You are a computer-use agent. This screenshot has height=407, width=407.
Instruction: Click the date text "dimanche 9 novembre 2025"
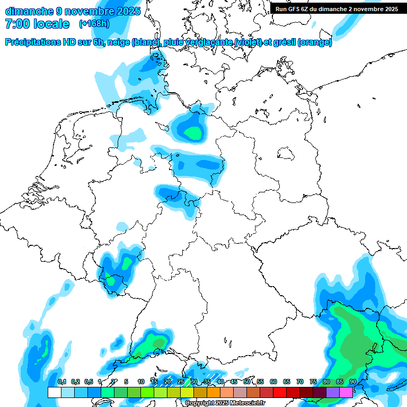(73, 11)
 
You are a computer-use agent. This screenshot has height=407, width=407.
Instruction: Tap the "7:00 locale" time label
(37, 24)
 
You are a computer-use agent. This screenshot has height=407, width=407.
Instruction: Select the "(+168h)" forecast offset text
(94, 24)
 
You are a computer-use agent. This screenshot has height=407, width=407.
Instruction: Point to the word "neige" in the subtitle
(118, 42)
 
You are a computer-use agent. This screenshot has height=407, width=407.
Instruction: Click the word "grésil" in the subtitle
(281, 42)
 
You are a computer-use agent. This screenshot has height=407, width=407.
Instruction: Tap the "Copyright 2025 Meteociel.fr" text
(225, 403)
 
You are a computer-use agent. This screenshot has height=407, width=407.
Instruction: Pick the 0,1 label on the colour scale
(62, 382)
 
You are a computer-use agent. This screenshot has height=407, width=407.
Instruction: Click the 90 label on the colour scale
(353, 382)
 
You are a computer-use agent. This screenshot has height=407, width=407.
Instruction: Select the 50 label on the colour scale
(247, 382)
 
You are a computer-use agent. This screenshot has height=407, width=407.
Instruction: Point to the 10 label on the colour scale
(141, 382)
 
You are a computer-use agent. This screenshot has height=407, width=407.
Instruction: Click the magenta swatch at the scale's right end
(346, 392)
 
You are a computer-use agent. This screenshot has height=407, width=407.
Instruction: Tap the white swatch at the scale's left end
(54, 392)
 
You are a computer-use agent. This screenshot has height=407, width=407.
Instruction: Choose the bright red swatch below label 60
(280, 392)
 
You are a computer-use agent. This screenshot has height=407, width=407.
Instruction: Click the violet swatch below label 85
(333, 392)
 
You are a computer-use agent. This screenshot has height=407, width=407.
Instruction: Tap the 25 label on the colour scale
(181, 382)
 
